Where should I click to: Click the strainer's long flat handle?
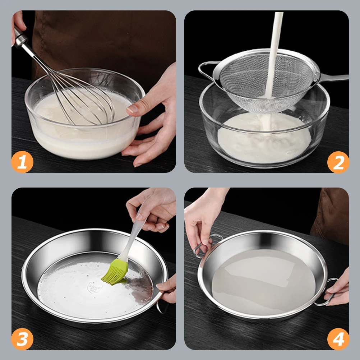tap(334, 77)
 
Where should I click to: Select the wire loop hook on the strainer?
tap(206, 70)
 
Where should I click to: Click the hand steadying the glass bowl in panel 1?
tap(151, 122)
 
